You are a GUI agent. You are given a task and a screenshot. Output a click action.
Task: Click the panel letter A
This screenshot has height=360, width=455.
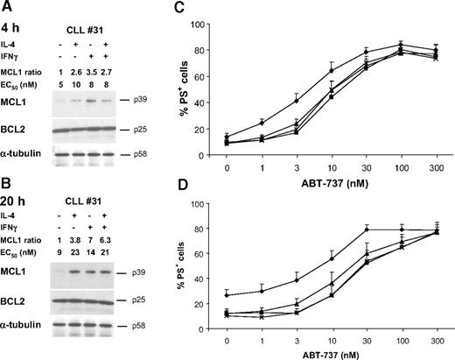pyautogui.click(x=7, y=8)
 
